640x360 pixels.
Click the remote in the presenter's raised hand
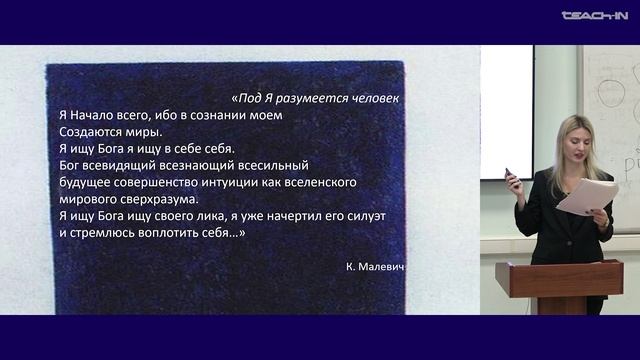click(x=510, y=176)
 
